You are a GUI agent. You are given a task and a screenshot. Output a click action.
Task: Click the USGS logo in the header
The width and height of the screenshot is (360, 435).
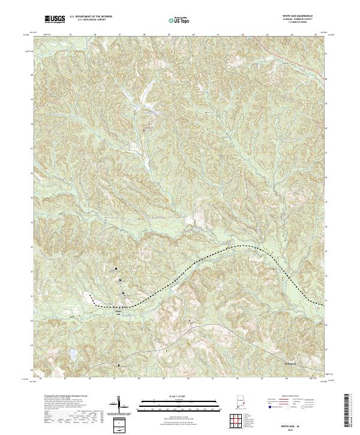pyautogui.click(x=55, y=20)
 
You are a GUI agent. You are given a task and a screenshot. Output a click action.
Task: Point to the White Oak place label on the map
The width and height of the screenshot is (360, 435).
pyautogui.click(x=118, y=312)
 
